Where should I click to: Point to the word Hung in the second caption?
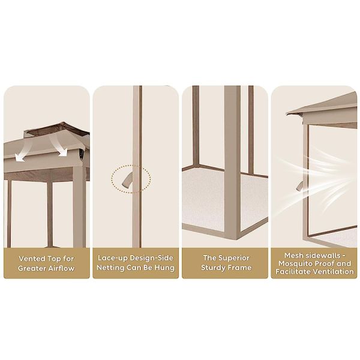point(164,268)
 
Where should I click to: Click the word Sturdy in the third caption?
point(212,268)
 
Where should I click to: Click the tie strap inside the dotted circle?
point(128,180)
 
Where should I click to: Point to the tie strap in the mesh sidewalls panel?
point(299,185)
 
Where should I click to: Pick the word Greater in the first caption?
point(29,268)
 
